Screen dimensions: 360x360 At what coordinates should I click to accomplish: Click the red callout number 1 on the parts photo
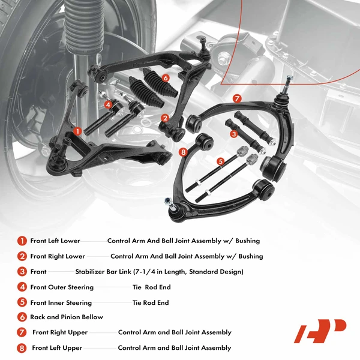pyautogui.click(x=77, y=130)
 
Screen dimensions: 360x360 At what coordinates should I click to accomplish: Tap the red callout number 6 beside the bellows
pyautogui.click(x=165, y=77)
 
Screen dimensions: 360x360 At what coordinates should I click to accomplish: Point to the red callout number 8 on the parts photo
pyautogui.click(x=183, y=152)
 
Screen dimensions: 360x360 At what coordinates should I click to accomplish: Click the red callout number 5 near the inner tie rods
pyautogui.click(x=220, y=161)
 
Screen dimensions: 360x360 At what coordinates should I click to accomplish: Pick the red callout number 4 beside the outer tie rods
pyautogui.click(x=108, y=104)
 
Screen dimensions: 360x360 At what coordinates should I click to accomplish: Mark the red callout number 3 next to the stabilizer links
pyautogui.click(x=233, y=134)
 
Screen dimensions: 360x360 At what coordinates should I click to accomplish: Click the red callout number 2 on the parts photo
pyautogui.click(x=164, y=118)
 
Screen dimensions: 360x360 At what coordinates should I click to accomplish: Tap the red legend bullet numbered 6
pyautogui.click(x=22, y=317)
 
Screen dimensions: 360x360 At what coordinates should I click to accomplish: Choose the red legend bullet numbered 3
pyautogui.click(x=22, y=272)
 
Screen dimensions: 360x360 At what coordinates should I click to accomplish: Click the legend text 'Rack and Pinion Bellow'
pyautogui.click(x=67, y=317)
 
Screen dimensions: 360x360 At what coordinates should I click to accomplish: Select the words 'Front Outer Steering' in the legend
pyautogui.click(x=62, y=287)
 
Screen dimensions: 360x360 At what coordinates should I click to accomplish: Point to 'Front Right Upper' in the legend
pyautogui.click(x=60, y=332)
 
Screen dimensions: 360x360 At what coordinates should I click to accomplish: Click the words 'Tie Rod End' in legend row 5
pyautogui.click(x=151, y=303)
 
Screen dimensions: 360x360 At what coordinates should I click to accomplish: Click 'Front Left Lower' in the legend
pyautogui.click(x=55, y=241)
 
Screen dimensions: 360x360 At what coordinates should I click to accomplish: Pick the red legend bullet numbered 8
pyautogui.click(x=22, y=348)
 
